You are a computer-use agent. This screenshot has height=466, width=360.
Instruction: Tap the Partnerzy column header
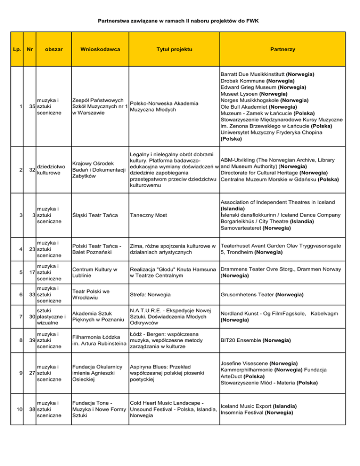[x=282, y=49]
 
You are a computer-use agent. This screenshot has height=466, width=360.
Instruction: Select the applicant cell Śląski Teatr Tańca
[x=93, y=215]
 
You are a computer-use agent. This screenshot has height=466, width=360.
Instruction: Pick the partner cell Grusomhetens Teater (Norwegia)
[x=255, y=294]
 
